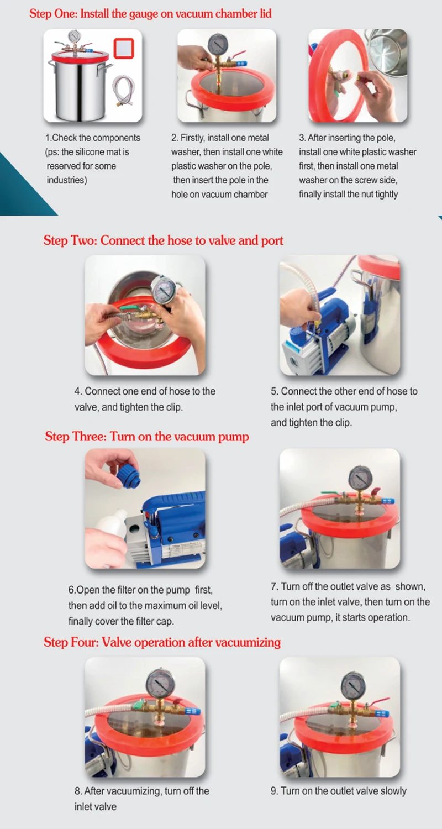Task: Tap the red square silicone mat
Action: click(124, 48)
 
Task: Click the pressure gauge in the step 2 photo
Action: click(218, 45)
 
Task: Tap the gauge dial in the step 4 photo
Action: click(164, 291)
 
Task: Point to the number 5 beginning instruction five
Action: click(273, 391)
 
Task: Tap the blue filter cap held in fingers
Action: click(128, 475)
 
